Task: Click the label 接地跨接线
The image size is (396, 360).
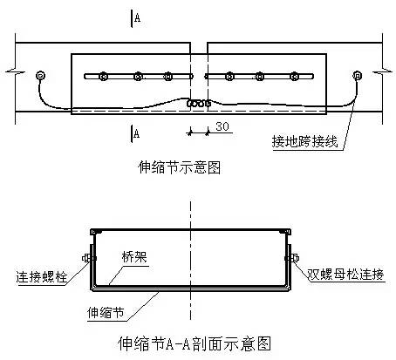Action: coord(305,142)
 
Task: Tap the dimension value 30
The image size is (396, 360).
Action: coord(222,126)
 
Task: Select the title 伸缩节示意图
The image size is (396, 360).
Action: coord(179,167)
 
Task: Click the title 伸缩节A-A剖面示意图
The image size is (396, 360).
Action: coord(195,343)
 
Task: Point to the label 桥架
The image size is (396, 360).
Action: coord(134,257)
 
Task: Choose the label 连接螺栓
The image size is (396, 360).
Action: coord(41,277)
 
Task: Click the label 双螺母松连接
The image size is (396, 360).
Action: coord(345,275)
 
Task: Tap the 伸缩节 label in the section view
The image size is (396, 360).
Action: coord(106,313)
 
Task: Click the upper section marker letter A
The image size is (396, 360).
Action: coord(137,18)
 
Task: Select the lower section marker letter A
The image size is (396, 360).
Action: coord(136,133)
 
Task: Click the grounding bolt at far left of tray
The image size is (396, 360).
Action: coord(40,76)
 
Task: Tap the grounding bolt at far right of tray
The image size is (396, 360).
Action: coord(357,76)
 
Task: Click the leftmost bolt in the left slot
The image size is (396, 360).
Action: coord(103,77)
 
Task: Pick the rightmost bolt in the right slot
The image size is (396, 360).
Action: coord(295,77)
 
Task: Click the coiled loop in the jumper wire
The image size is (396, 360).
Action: coord(199,103)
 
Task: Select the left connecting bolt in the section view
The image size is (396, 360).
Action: coord(89,258)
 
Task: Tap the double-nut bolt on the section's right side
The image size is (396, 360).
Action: coord(292,258)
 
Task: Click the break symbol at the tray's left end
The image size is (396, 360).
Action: coord(15,71)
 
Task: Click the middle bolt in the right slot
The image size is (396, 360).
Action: coord(259,77)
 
